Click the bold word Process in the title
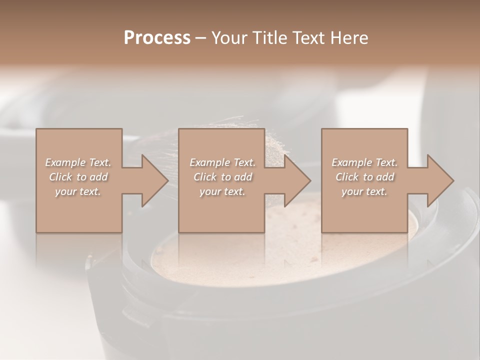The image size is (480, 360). coord(157,38)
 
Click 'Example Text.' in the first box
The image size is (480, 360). coord(78,162)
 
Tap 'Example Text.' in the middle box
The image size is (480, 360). coord(222,162)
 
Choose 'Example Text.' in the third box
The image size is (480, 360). coord(364,162)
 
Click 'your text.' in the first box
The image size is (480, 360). coord(78,191)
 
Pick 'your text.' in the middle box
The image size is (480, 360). coord(222,191)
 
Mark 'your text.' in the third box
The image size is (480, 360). coord(364,191)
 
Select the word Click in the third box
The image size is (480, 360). coord(347,177)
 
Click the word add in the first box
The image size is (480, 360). coord(98,177)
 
